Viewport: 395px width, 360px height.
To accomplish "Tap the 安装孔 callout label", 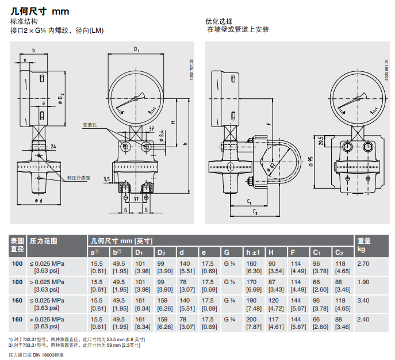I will pyautogui.click(x=90, y=125).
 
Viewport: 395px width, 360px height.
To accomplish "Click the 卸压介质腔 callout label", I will pyautogui.click(x=79, y=178).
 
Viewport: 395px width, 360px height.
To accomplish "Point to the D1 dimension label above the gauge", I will pyautogui.click(x=137, y=50).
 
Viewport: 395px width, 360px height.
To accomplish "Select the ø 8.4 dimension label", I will pyautogui.click(x=162, y=136).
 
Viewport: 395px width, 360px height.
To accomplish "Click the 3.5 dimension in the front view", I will pyautogui.click(x=106, y=179).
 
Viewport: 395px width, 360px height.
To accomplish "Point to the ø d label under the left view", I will pyautogui.click(x=39, y=200).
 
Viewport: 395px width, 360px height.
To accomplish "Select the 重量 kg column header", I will pyautogui.click(x=363, y=246).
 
